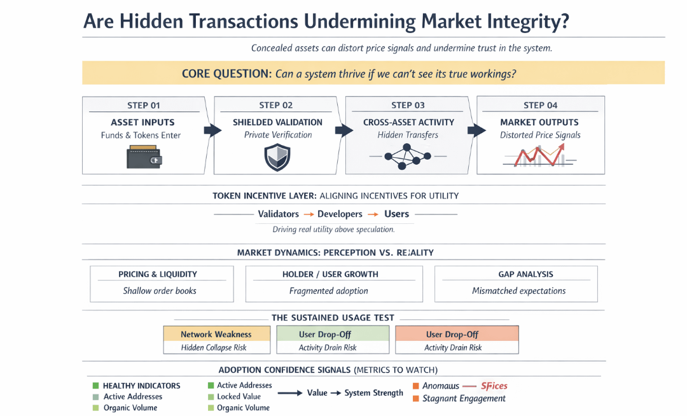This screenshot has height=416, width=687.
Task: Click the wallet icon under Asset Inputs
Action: click(x=144, y=157)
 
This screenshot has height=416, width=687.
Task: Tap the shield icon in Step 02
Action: click(x=277, y=158)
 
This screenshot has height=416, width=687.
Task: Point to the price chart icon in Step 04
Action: click(x=539, y=155)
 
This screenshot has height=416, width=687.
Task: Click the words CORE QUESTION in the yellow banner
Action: click(x=226, y=74)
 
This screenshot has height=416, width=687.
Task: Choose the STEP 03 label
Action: click(x=408, y=106)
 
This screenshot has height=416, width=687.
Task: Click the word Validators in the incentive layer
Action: click(x=278, y=214)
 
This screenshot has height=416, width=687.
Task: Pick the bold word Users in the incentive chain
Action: click(x=396, y=214)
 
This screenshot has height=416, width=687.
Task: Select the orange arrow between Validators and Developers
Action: click(x=308, y=215)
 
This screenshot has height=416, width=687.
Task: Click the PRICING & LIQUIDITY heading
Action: click(x=158, y=274)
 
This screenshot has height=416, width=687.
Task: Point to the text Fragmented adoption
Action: click(x=328, y=291)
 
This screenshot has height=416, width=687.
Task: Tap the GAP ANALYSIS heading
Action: click(x=525, y=274)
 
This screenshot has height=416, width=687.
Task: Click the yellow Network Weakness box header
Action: click(x=216, y=334)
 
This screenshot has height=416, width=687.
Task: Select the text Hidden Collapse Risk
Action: click(x=214, y=348)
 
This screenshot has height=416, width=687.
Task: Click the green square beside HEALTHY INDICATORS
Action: click(x=95, y=385)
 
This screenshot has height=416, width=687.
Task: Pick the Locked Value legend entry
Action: click(x=239, y=396)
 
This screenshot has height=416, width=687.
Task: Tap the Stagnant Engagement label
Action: click(x=464, y=398)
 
